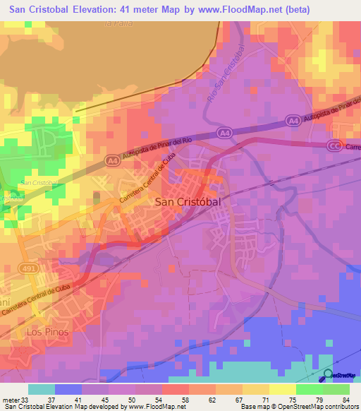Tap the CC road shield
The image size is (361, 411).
click(x=334, y=145)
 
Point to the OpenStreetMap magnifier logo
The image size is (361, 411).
click(x=328, y=375)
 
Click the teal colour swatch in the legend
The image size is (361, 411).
click(x=42, y=389)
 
